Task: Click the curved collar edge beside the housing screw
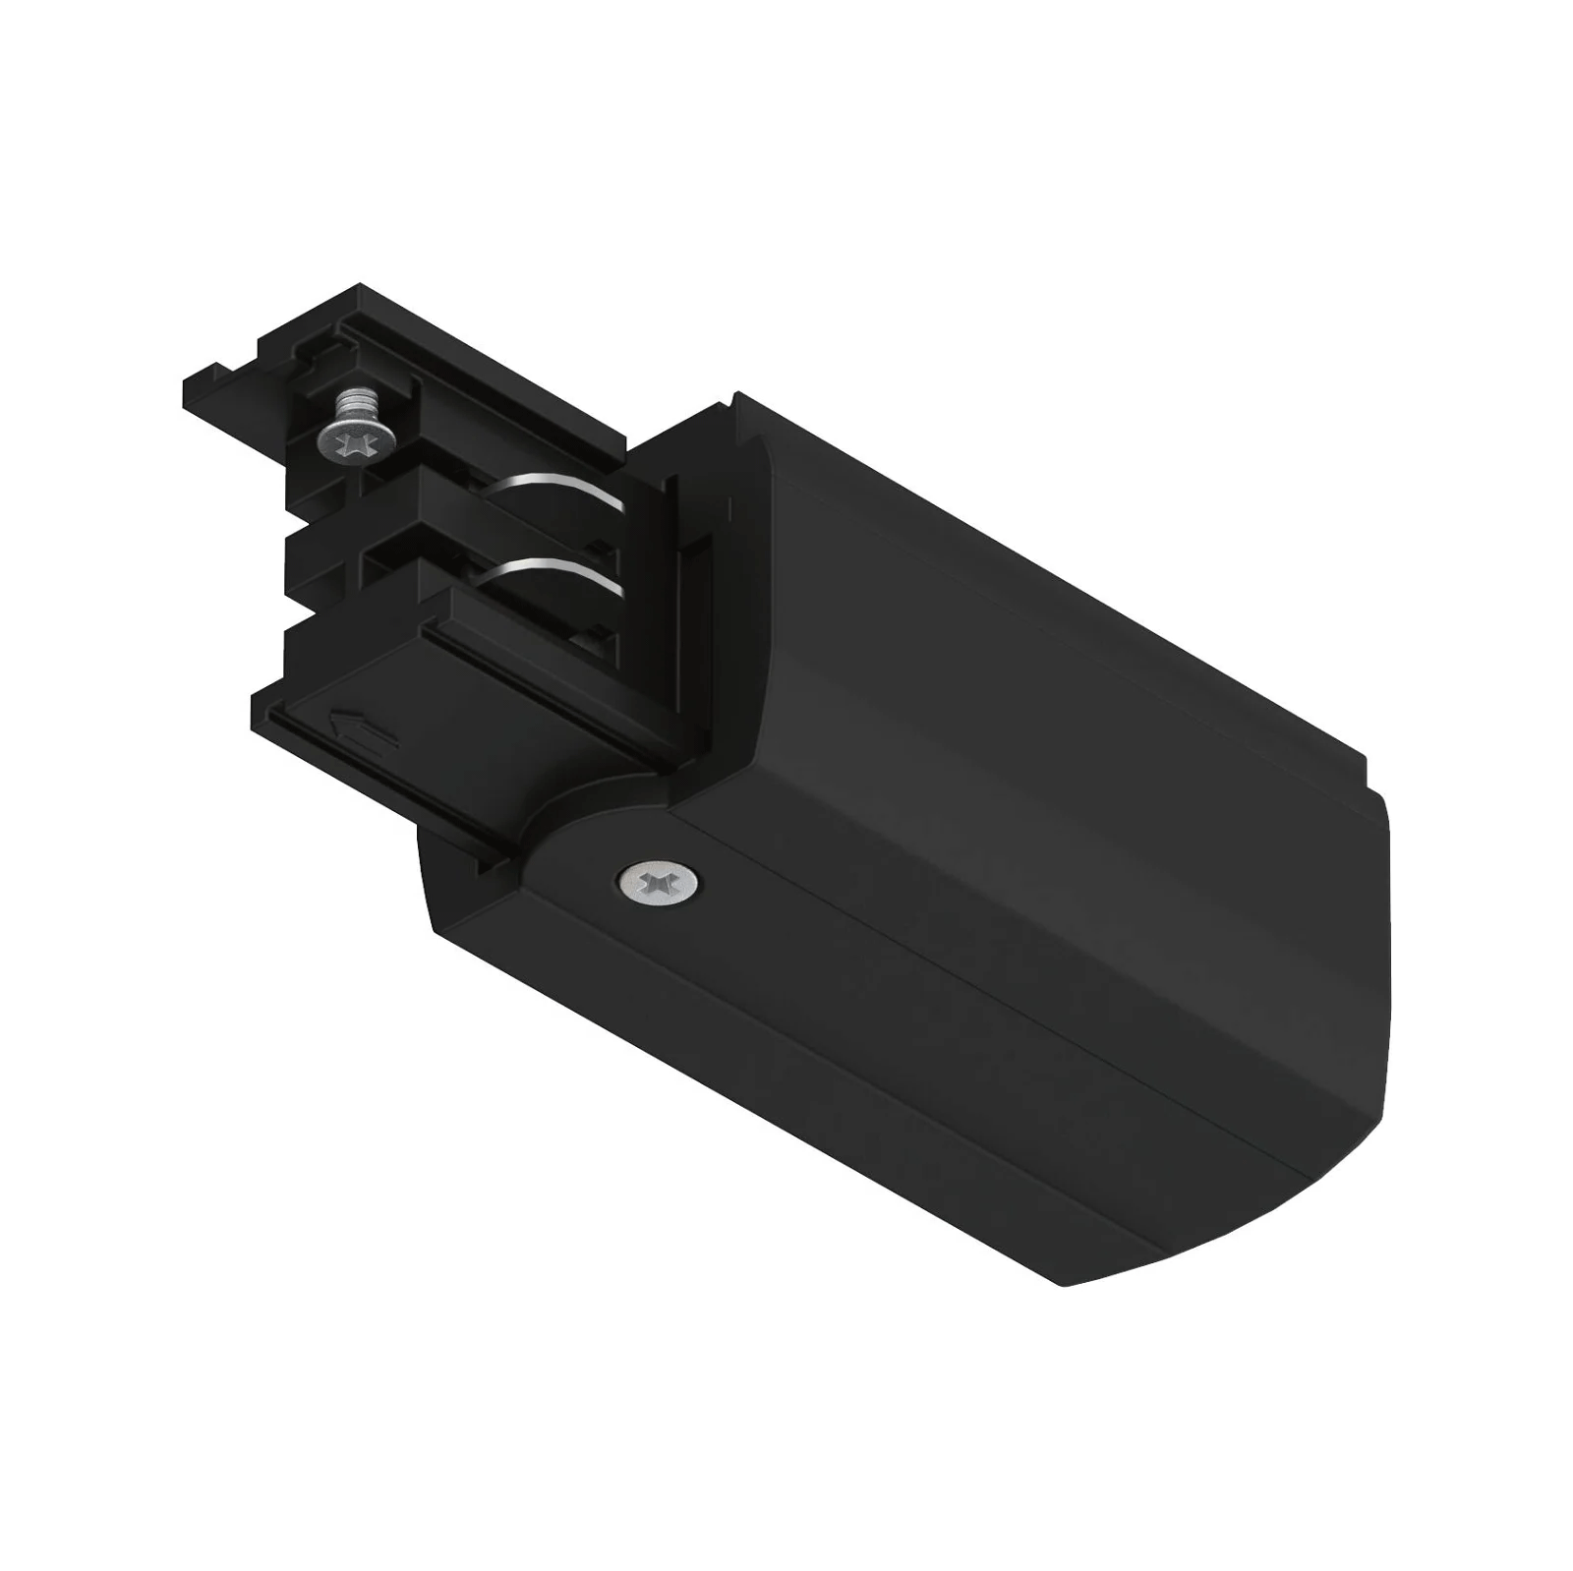click(551, 845)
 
